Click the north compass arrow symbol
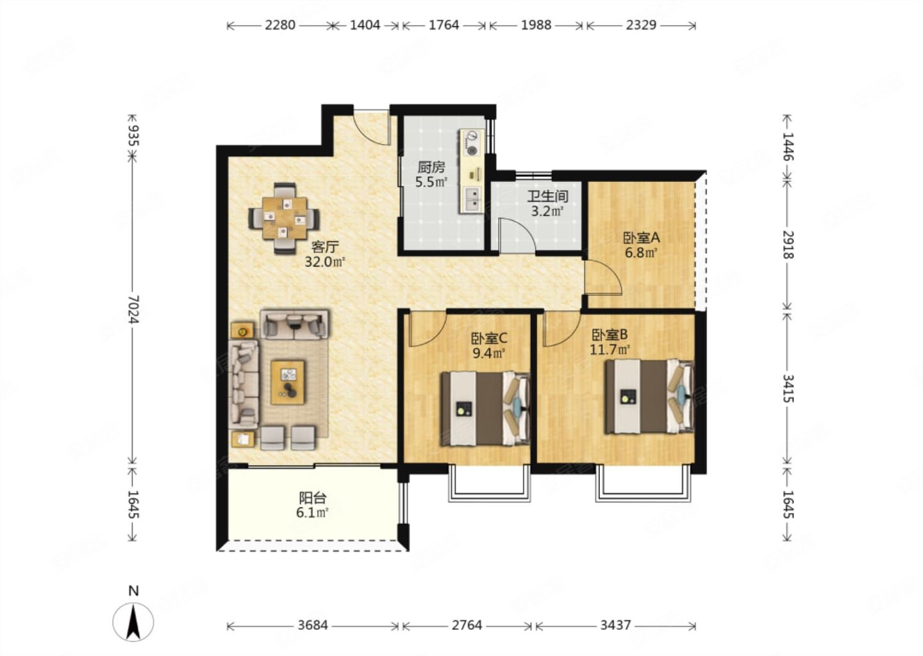[x=133, y=622]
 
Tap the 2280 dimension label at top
[x=279, y=25]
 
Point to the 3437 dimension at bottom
[x=615, y=625]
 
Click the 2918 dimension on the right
[x=787, y=244]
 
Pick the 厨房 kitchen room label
[x=431, y=167]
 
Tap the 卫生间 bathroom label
[x=547, y=196]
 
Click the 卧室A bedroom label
[x=641, y=238]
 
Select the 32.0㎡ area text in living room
[x=325, y=261]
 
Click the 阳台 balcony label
[x=313, y=498]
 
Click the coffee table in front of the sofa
[x=288, y=382]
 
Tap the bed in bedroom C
[x=485, y=409]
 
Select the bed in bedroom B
[x=649, y=397]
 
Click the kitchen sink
[x=472, y=199]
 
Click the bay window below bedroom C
[x=489, y=484]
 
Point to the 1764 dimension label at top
[x=444, y=25]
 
